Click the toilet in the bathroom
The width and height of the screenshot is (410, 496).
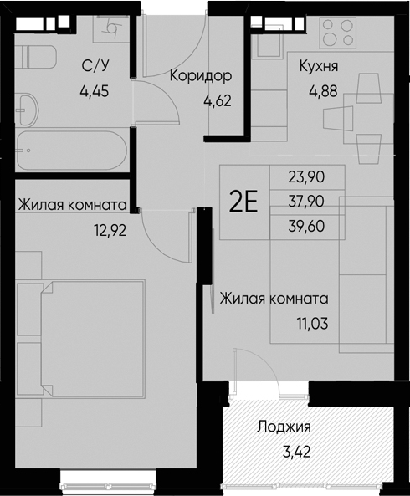point(37,57)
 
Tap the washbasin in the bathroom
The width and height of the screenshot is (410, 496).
point(28,108)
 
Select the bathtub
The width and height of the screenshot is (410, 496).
point(71,151)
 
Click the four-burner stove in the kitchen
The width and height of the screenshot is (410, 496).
point(339,35)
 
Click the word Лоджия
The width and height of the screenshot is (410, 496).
point(284,427)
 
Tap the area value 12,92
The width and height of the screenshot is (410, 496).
point(110,230)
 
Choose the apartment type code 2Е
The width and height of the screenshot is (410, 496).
point(243,203)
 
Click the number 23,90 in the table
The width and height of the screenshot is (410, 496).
point(305,176)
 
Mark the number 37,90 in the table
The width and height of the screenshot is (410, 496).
point(305,201)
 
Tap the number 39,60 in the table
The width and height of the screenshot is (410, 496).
point(305,226)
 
